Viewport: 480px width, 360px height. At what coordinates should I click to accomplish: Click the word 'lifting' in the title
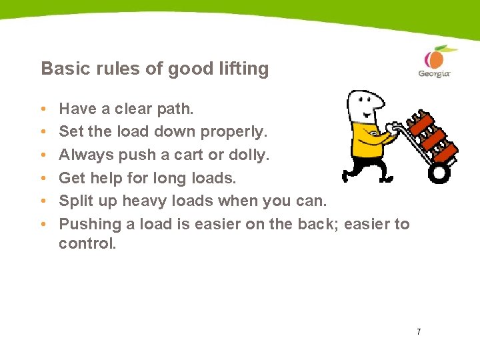[245, 69]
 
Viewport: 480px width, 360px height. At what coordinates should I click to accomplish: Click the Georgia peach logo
[434, 61]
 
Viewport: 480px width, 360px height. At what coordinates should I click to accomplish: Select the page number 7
[418, 331]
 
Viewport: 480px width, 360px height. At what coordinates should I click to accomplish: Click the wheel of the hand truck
[439, 173]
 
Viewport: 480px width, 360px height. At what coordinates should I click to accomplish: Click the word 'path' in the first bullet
[175, 109]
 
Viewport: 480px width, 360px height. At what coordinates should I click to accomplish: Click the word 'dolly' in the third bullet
[247, 155]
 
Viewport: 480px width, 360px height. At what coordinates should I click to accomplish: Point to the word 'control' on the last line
[85, 244]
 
